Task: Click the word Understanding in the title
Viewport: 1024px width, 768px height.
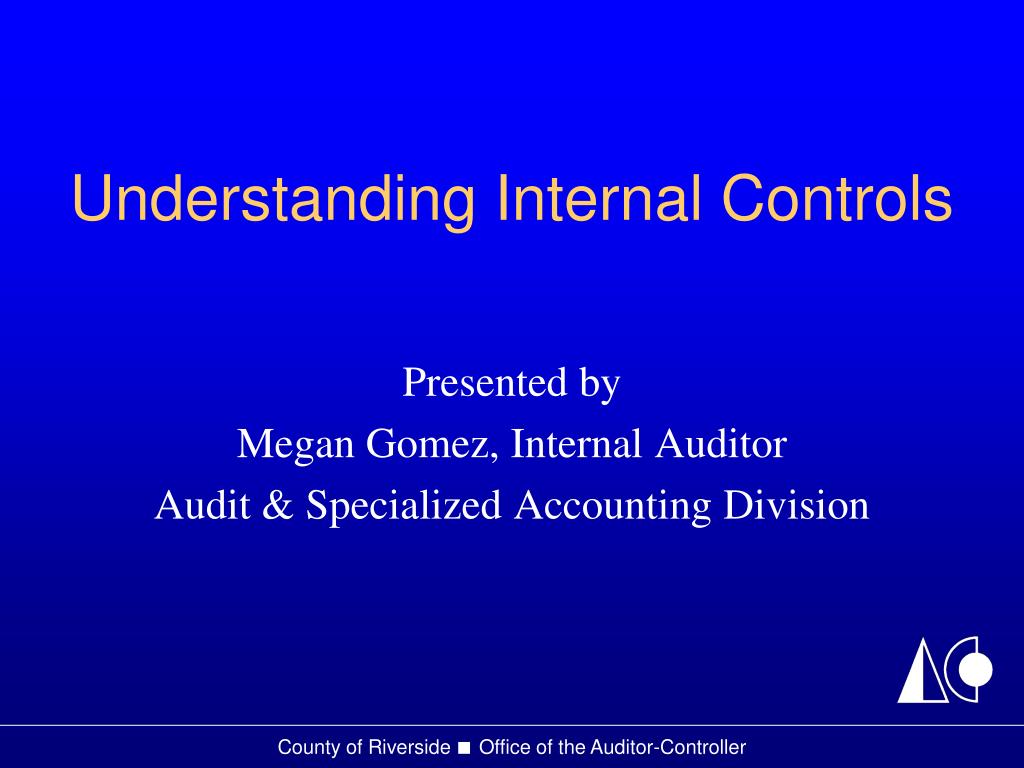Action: point(273,200)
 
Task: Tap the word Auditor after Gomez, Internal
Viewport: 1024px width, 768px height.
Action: point(721,444)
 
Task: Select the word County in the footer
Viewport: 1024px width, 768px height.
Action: point(304,748)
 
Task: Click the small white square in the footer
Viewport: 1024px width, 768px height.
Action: point(463,748)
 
